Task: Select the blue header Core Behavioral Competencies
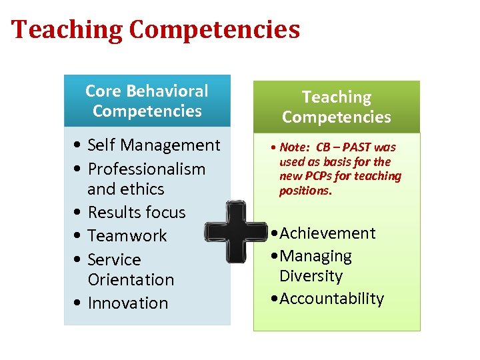[147, 101]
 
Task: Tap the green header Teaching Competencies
[336, 107]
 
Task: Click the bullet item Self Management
[153, 145]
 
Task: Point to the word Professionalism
[146, 169]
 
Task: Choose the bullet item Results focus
[137, 212]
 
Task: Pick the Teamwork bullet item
[127, 235]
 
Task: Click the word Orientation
[131, 279]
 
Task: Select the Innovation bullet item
[128, 303]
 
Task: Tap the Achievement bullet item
[327, 233]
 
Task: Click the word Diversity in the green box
[311, 276]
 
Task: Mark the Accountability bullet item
[331, 298]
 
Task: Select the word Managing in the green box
[315, 255]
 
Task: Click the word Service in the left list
[114, 259]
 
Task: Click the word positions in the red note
[305, 191]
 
